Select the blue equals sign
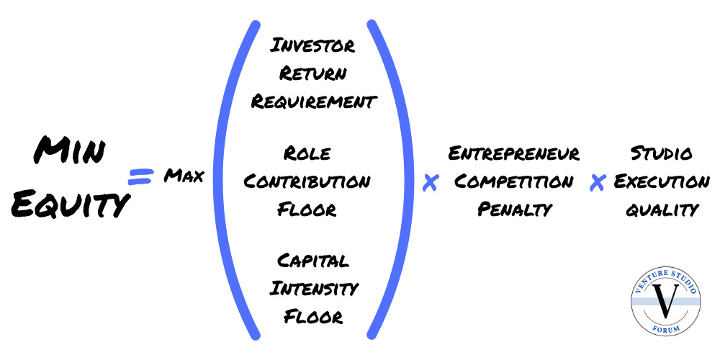coord(142,176)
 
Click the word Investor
coord(312,46)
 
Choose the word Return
coord(312,73)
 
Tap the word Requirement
coord(312,102)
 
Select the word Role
coord(307,153)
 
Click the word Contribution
coord(307,181)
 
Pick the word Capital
coord(312,261)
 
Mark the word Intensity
coord(313,289)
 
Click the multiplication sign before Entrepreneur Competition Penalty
coord(430,184)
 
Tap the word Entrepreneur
coord(513,153)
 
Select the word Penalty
coord(513,210)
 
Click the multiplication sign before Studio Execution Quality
coord(596,184)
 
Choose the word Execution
coord(661,181)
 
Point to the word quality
coord(661,210)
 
